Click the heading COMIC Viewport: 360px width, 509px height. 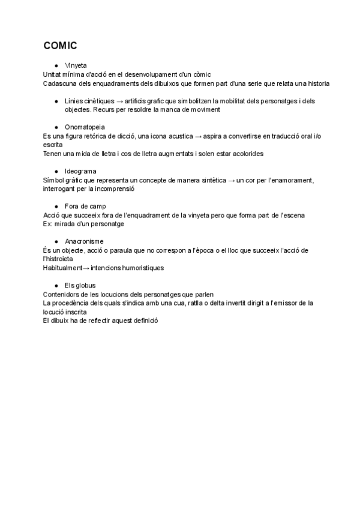(x=60, y=46)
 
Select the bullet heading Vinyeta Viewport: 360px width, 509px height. (x=76, y=64)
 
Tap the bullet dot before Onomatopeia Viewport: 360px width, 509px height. (x=56, y=127)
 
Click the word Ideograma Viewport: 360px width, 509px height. (x=80, y=171)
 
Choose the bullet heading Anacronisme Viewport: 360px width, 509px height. (x=83, y=241)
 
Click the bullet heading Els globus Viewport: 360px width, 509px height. (x=80, y=285)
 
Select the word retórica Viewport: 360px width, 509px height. (x=96, y=136)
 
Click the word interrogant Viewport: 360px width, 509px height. (x=61, y=189)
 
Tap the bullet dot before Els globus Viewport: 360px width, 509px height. (x=56, y=285)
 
